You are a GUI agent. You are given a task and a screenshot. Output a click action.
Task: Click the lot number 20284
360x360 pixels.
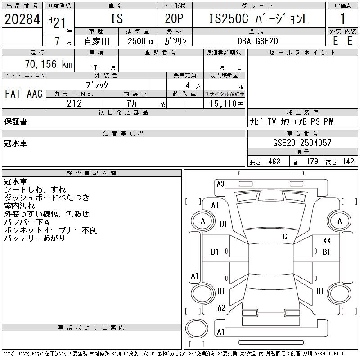point(22,19)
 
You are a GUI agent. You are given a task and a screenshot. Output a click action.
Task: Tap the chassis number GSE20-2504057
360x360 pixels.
point(302,143)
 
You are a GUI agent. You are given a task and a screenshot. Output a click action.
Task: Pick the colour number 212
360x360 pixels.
point(74,103)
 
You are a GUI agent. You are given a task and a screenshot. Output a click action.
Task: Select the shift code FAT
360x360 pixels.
point(13,94)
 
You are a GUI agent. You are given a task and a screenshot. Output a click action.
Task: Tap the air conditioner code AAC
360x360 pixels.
point(35,94)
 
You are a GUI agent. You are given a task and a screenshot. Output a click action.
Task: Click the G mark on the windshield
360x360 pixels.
point(285,237)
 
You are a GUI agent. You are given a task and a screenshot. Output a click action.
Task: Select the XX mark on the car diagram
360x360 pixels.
point(327,241)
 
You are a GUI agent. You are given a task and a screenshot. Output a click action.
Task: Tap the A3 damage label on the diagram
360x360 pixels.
point(220,184)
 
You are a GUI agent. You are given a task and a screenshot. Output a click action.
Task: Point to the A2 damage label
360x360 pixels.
point(221,308)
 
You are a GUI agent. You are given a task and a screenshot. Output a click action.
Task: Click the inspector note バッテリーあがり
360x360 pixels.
point(35,238)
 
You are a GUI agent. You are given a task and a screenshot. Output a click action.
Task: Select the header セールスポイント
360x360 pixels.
point(302,53)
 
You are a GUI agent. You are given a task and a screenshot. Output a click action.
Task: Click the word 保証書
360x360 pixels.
point(16,121)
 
